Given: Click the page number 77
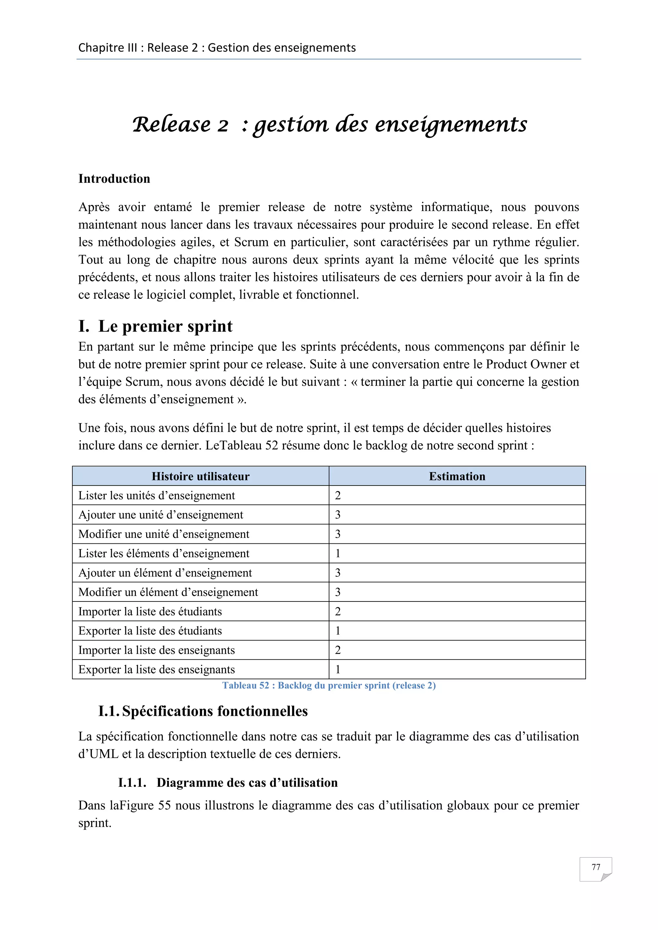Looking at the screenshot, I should pos(595,867).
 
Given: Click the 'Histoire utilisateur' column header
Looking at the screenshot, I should pos(200,476).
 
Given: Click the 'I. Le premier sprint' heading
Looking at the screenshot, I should pos(156,326).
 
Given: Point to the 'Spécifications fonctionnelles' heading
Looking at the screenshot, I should pos(215,711).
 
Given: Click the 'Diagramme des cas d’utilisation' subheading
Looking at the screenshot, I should pos(247,783).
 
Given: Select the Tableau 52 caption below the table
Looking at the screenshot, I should pos(329,685).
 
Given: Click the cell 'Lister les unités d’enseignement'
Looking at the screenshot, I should pos(156,496).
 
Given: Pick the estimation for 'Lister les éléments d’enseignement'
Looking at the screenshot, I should pos(338,553).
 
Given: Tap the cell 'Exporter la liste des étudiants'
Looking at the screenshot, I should pos(150,631).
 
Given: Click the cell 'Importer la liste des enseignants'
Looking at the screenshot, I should pos(156,650).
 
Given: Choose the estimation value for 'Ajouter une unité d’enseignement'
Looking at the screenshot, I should pos(338,515).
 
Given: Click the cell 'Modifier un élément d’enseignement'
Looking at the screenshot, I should pos(168,592).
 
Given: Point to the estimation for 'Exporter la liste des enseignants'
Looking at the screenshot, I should pos(338,670).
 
